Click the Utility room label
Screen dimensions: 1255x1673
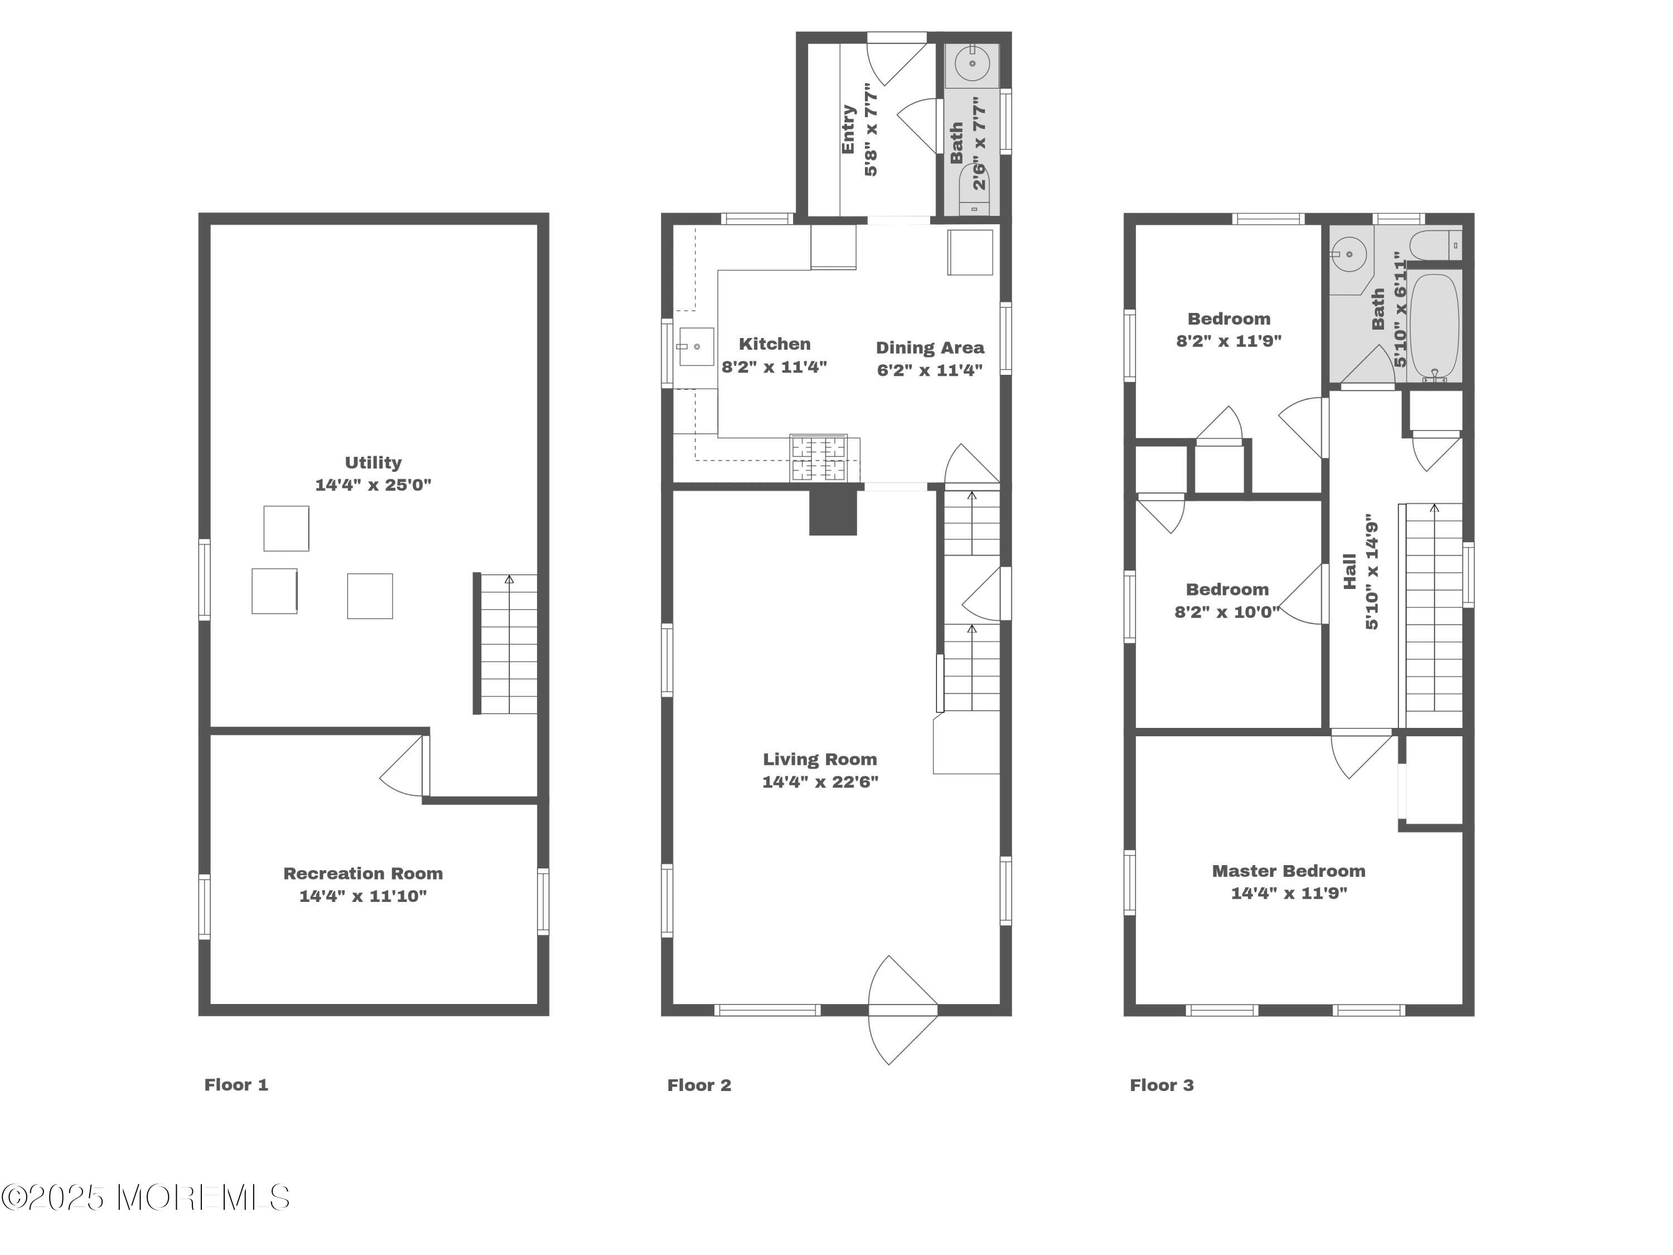click(373, 462)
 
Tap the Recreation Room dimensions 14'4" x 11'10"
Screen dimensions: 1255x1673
click(362, 896)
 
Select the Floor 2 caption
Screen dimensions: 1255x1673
click(699, 1085)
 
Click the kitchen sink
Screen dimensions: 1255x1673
click(696, 346)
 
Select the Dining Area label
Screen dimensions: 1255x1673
click(930, 348)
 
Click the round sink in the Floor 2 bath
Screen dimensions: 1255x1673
click(973, 64)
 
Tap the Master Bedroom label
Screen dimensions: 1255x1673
click(1288, 871)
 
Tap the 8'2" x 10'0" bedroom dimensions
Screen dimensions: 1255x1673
click(1226, 611)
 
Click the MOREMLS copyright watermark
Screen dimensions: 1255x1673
click(145, 1198)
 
